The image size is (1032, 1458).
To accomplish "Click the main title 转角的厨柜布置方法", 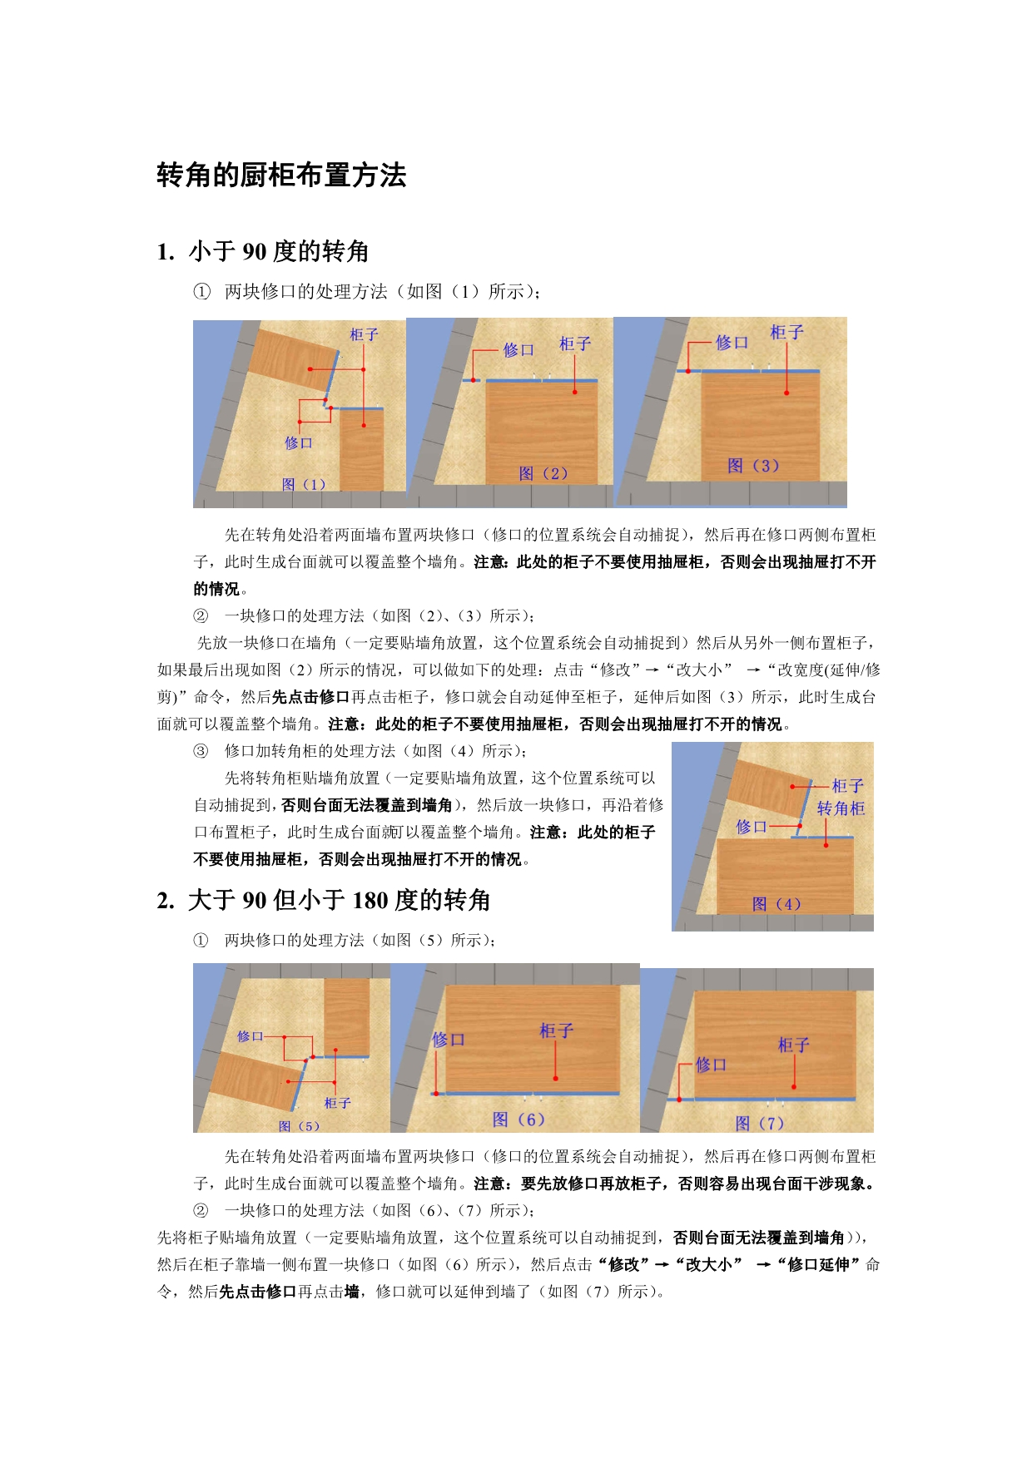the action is coord(281,175).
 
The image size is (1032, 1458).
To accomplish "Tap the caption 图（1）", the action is coord(304,484).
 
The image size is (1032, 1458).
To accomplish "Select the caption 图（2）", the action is coord(543,473).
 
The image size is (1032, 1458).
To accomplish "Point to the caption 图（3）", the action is coord(753,466).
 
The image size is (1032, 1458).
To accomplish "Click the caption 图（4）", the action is coord(776,904).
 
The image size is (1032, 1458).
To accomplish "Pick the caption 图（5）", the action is coord(300,1126).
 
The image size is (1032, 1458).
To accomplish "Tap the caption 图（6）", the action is coord(518,1119).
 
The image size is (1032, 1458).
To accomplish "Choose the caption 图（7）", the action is coord(760,1124).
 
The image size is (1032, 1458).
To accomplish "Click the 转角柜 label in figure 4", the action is coord(841,808).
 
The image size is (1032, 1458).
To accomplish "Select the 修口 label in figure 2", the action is coord(518,350).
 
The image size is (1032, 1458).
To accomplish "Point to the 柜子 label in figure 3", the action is coord(786,333).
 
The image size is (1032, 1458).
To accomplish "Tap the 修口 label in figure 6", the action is coord(449,1040).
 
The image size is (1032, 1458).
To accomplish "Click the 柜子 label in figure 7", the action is coord(793,1045).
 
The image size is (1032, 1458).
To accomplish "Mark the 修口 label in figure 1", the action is coord(299,442).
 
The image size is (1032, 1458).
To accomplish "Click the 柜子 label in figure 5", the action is coord(337,1103).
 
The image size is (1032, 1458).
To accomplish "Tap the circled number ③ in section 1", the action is coord(201,751).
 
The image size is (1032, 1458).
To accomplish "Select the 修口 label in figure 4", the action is coord(752,827).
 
